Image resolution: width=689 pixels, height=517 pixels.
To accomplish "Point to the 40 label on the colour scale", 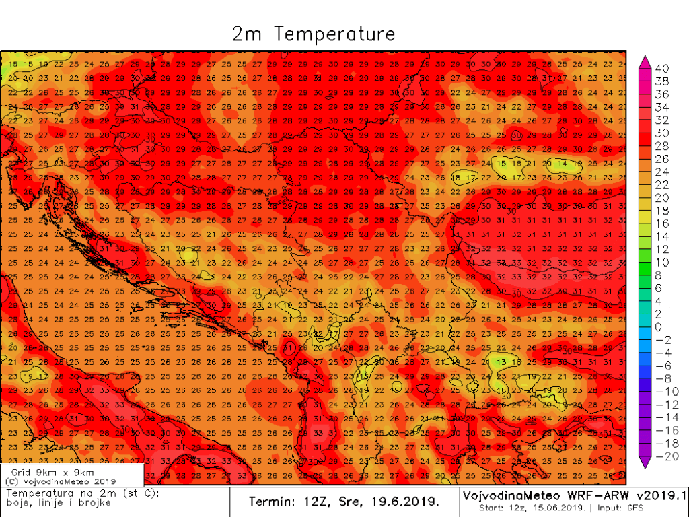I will [661, 68].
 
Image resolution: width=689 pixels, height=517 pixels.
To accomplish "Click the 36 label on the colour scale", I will [661, 94].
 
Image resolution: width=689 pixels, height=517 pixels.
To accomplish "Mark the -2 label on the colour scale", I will [661, 339].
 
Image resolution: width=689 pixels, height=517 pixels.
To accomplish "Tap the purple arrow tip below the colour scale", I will [644, 464].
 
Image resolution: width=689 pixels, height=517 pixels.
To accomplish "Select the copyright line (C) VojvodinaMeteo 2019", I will [61, 481].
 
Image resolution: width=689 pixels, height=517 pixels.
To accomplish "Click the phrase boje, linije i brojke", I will [48, 503].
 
